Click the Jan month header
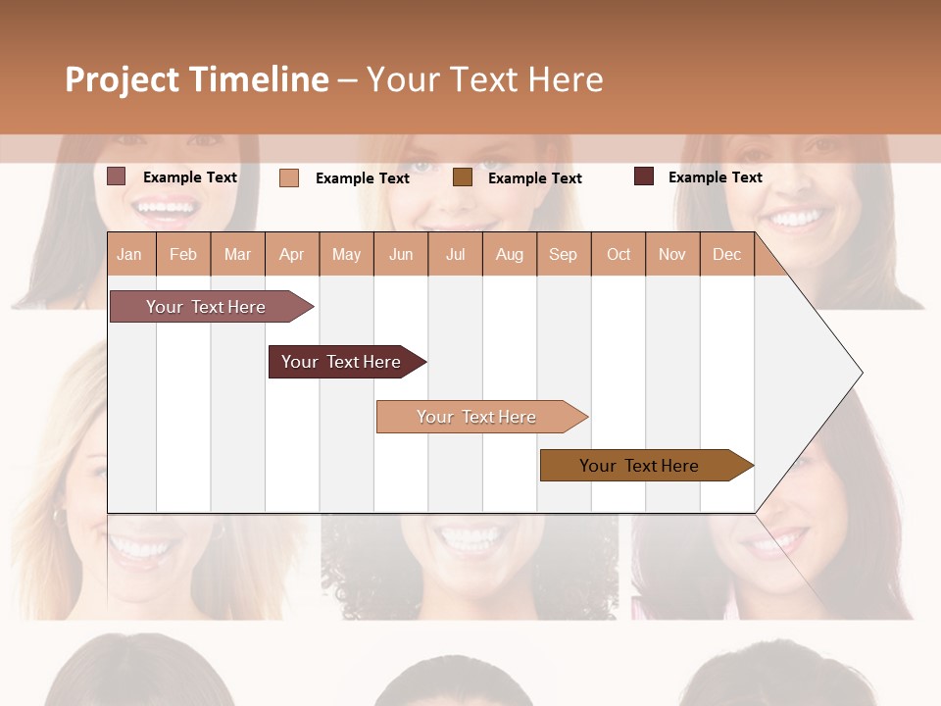[130, 254]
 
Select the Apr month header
[292, 254]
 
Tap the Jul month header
[455, 254]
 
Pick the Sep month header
[563, 254]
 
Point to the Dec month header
[726, 254]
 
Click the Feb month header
[183, 254]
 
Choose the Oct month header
[619, 254]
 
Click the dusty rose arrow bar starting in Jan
[206, 307]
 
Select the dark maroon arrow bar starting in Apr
[341, 362]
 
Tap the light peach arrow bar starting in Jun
[476, 417]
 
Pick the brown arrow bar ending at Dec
[639, 466]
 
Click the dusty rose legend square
[116, 176]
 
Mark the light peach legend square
[288, 177]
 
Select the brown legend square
[463, 177]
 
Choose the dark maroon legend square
[644, 176]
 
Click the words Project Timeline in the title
[196, 79]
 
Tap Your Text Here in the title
[484, 79]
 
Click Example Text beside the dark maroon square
[715, 177]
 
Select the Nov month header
[672, 254]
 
